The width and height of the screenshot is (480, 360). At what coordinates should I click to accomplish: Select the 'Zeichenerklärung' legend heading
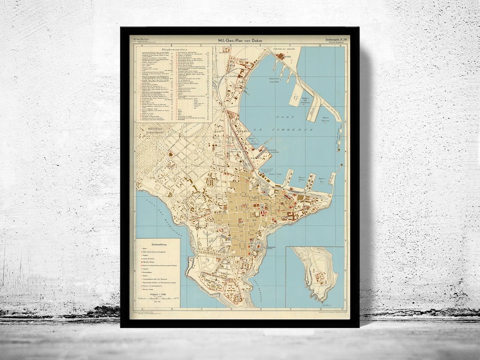coord(158,244)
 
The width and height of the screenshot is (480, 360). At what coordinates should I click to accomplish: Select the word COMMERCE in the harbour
coord(291,129)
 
